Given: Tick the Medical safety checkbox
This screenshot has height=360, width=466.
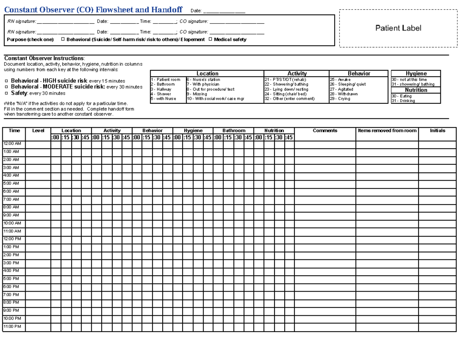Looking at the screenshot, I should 210,39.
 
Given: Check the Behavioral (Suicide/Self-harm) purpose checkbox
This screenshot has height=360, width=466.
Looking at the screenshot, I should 63,39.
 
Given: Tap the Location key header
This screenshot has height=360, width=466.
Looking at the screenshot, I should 207,73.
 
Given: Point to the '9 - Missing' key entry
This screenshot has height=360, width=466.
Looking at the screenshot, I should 197,94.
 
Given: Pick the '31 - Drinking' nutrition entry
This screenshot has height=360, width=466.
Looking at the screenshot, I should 403,101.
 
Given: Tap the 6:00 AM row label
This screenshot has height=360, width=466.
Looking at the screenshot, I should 11,191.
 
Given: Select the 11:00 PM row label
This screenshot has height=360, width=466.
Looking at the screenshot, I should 12,327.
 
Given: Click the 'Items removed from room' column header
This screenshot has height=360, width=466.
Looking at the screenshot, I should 387,131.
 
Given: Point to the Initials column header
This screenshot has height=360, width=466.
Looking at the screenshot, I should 437,131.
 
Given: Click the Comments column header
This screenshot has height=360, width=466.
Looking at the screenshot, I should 325,131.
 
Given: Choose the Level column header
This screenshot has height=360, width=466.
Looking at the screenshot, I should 38,131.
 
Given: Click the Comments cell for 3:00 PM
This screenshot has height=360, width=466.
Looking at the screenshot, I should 325,263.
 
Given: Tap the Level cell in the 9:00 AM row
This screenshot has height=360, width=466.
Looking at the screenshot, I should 38,215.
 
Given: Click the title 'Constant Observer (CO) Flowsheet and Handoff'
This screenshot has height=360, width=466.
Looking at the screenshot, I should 93,10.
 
